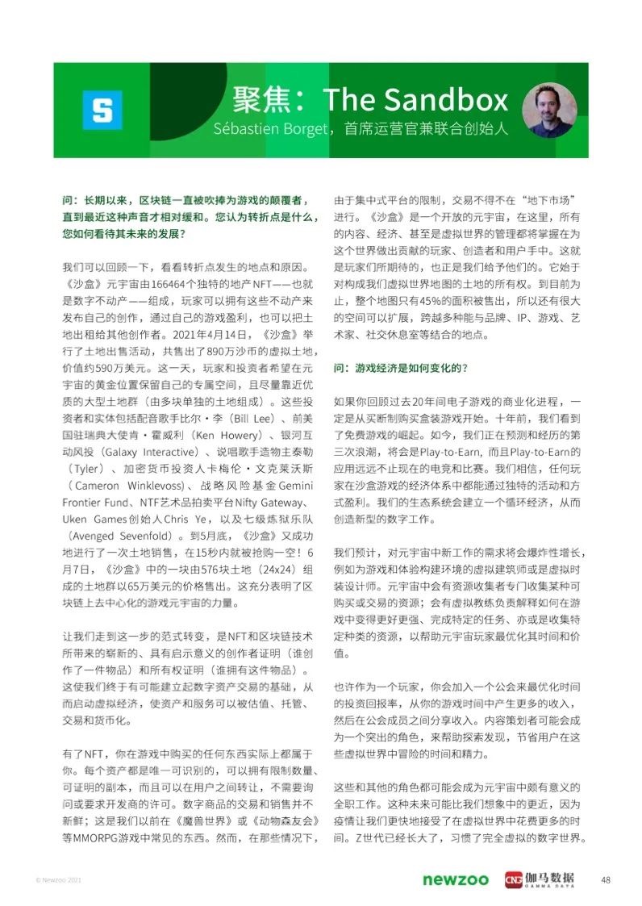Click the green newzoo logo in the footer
[456, 879]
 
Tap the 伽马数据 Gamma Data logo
[540, 879]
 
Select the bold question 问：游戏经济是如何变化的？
[401, 368]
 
